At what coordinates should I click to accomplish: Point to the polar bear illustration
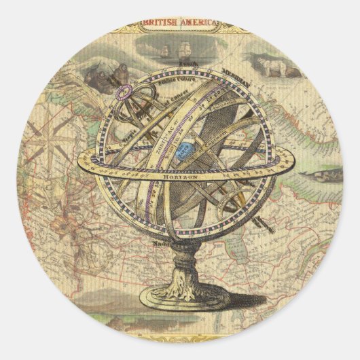pyautogui.click(x=278, y=67)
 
